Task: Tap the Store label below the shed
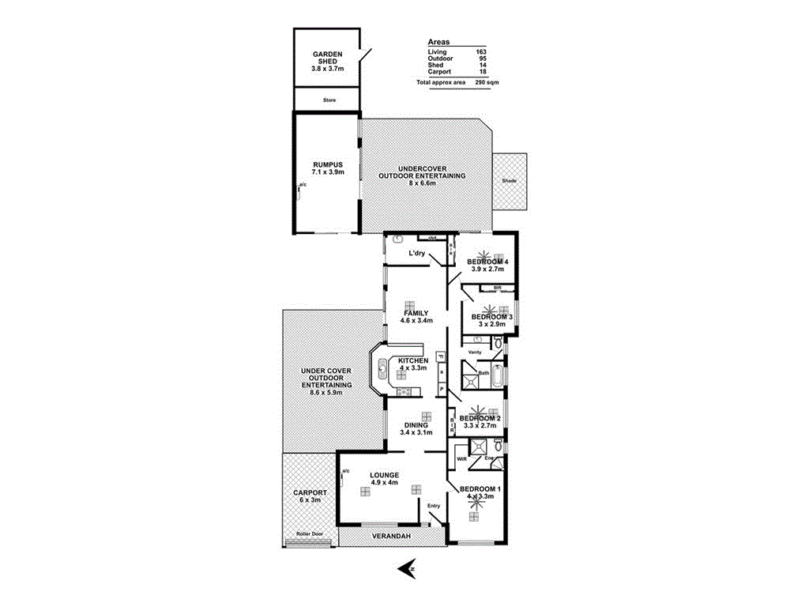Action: pyautogui.click(x=329, y=100)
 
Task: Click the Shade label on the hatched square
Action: pyautogui.click(x=509, y=181)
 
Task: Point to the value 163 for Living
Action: pyautogui.click(x=480, y=52)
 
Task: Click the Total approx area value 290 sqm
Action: pyautogui.click(x=487, y=82)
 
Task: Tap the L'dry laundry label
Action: pyautogui.click(x=417, y=253)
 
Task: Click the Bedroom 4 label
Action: pyautogui.click(x=487, y=262)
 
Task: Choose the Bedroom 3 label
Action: pyautogui.click(x=492, y=317)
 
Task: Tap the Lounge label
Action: pyautogui.click(x=383, y=475)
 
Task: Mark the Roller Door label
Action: pyautogui.click(x=310, y=534)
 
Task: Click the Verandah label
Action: pyautogui.click(x=391, y=537)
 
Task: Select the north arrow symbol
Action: pyautogui.click(x=408, y=567)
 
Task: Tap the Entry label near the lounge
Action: pyautogui.click(x=434, y=506)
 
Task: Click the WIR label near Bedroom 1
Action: pyautogui.click(x=462, y=458)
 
